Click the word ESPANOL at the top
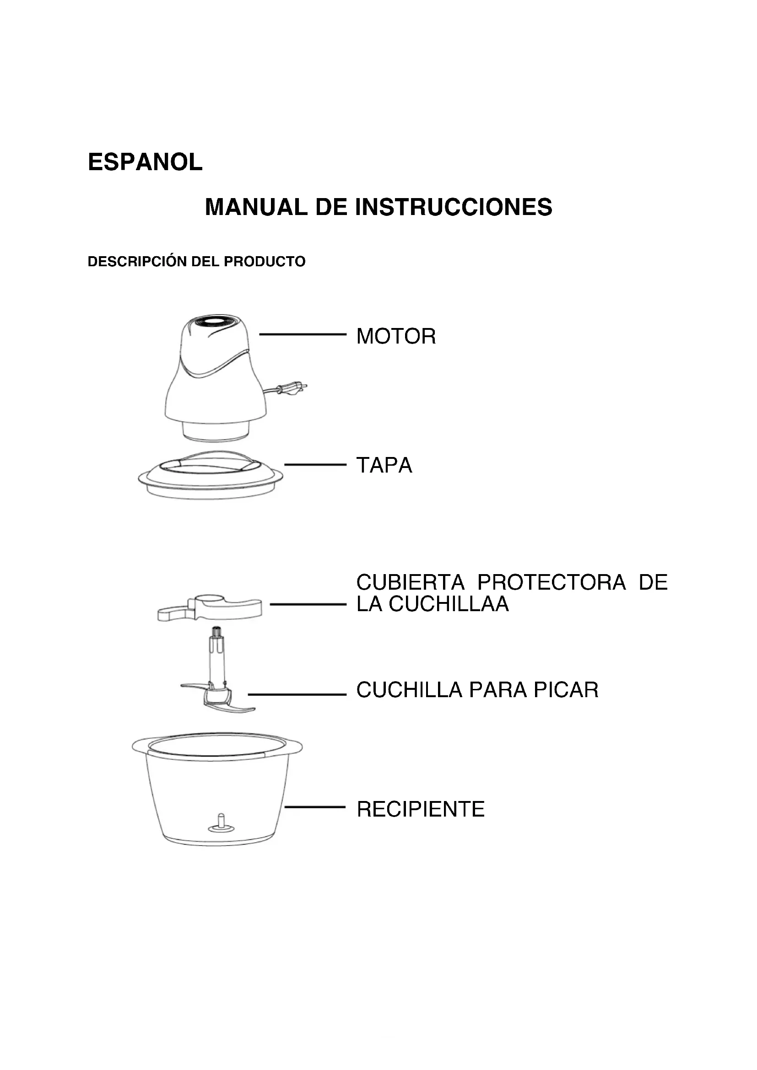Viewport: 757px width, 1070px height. point(145,162)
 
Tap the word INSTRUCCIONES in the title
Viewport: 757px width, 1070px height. point(454,207)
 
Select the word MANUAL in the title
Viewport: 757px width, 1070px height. point(256,207)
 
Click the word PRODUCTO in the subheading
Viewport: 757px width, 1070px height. point(265,262)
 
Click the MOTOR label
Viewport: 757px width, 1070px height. point(396,336)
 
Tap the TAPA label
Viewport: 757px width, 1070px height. point(384,465)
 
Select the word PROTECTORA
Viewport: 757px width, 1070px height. point(552,582)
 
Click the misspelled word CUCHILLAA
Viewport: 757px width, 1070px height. point(449,604)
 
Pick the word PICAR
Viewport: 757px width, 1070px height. point(566,690)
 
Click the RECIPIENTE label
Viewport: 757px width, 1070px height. point(421,809)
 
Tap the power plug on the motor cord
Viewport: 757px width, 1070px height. point(292,388)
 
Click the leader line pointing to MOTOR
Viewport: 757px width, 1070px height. point(303,334)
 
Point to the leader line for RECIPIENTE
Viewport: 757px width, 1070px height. point(315,807)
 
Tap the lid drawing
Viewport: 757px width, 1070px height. point(211,475)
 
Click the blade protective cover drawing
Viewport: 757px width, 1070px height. point(210,608)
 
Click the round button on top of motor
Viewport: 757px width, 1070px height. point(218,322)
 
